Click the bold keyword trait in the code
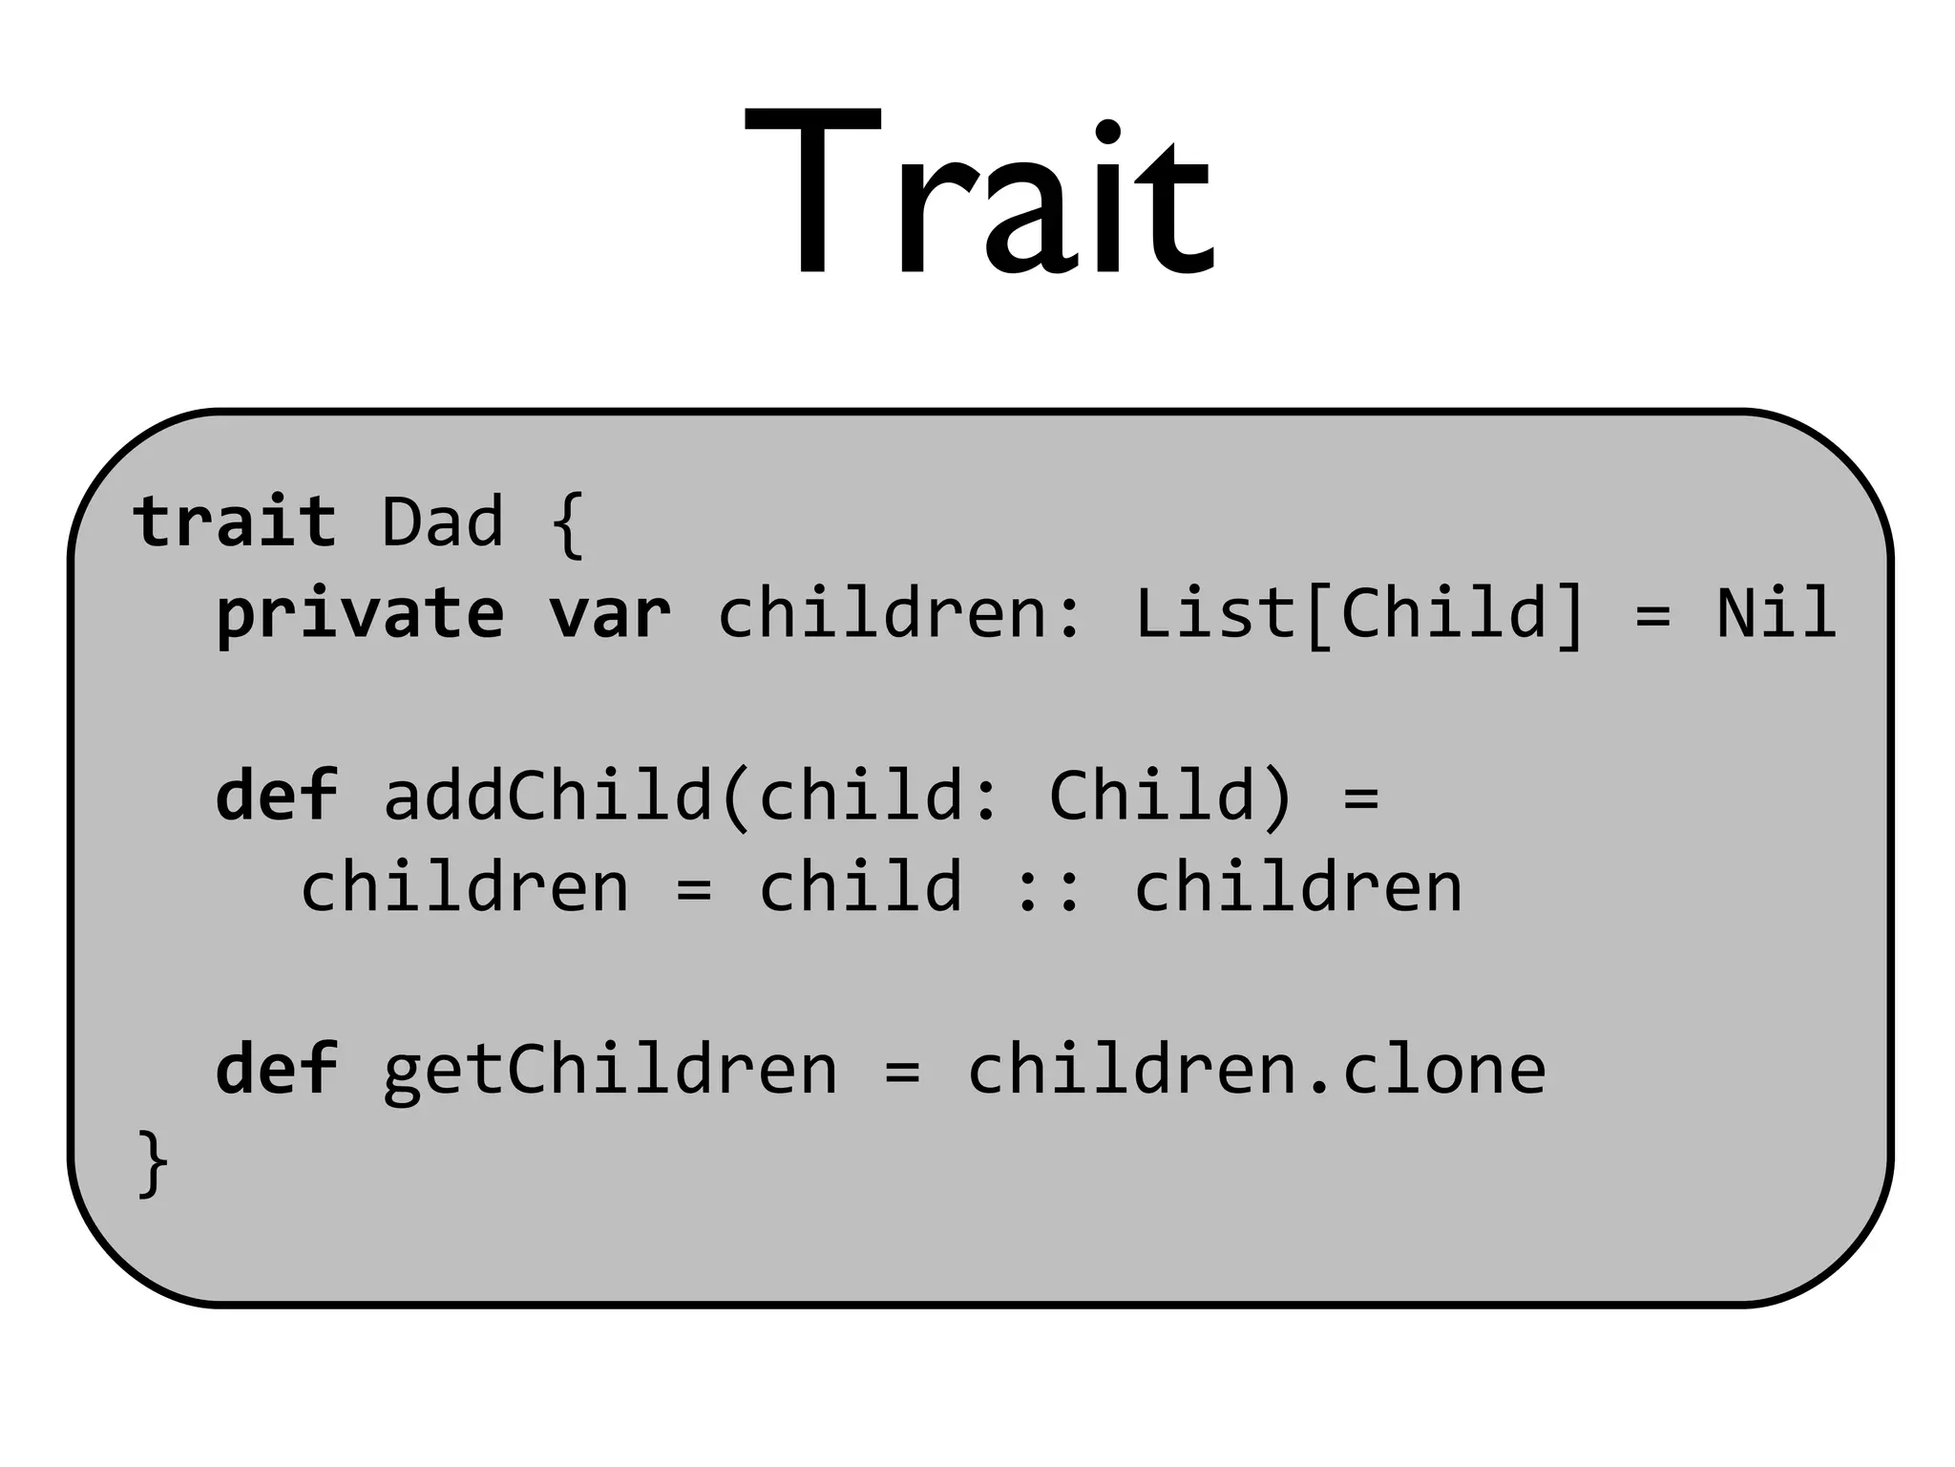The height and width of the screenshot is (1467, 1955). [235, 522]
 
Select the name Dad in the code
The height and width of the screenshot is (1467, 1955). [442, 522]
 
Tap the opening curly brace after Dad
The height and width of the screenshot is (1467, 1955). [567, 524]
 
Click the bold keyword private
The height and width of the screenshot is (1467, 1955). [360, 614]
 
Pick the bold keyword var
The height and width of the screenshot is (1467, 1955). [609, 614]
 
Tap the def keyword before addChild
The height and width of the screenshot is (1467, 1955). [277, 796]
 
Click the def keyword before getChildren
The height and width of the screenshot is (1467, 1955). [277, 1070]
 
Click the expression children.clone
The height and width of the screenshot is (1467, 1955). [1256, 1070]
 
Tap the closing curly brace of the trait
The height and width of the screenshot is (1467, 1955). [153, 1162]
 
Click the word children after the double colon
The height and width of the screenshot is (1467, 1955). [1297, 887]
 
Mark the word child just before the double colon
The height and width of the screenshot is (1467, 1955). [860, 887]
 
